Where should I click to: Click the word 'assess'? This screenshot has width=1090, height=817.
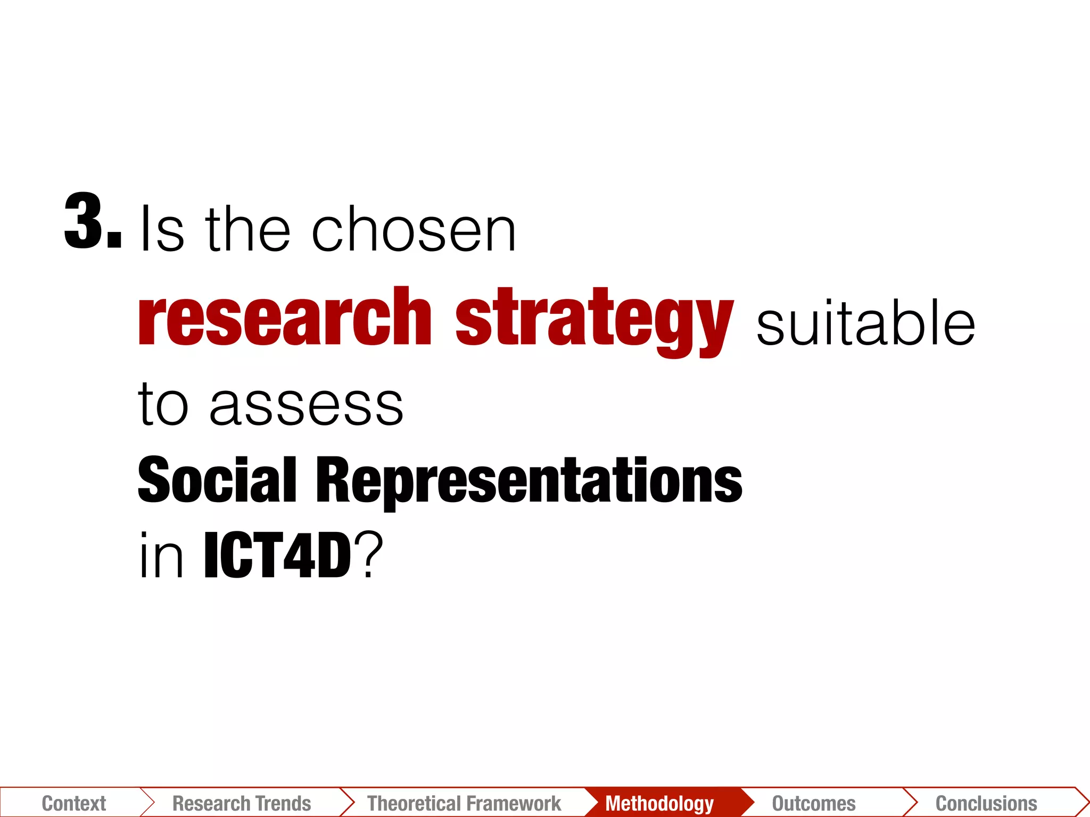tap(307, 405)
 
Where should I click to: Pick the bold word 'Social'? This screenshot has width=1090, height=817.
tap(217, 480)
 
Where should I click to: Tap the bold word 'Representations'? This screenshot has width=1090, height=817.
tap(529, 482)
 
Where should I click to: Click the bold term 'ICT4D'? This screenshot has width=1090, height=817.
tap(277, 556)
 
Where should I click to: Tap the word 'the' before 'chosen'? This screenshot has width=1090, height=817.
tap(248, 230)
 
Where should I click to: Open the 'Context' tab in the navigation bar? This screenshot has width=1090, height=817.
tap(74, 803)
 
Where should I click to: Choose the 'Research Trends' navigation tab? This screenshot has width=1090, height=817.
tap(242, 803)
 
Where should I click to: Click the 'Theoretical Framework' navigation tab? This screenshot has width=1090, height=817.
tap(464, 803)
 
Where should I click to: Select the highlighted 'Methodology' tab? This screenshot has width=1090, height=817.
tap(659, 803)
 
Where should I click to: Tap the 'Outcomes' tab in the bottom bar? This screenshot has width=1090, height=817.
tap(814, 803)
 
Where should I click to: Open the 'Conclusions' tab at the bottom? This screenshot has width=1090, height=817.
tap(986, 803)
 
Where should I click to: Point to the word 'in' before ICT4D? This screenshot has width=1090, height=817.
tap(161, 556)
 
